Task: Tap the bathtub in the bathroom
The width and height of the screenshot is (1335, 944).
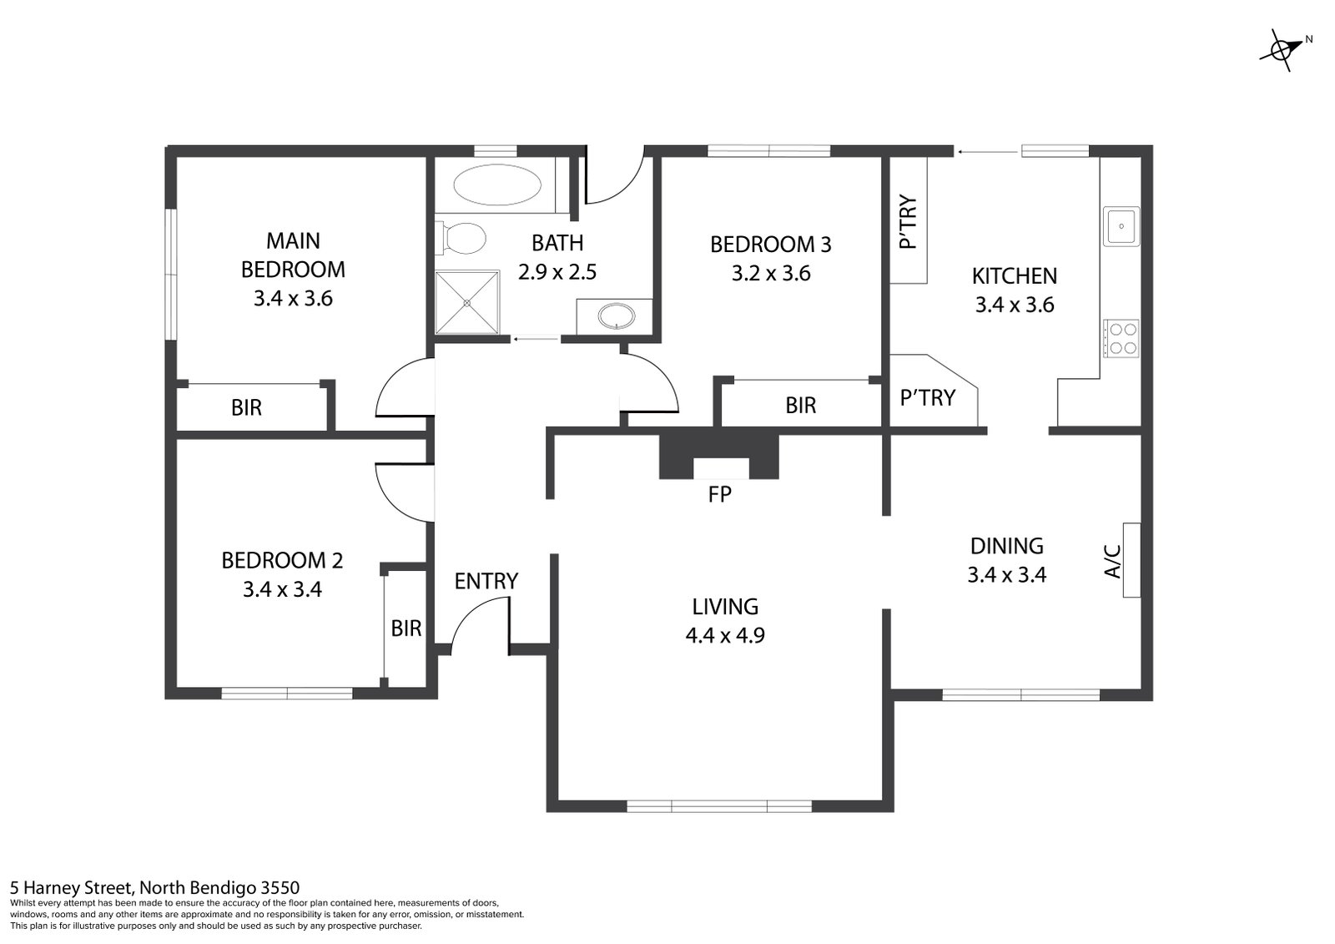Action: click(x=497, y=184)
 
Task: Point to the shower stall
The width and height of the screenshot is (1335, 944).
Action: click(x=467, y=303)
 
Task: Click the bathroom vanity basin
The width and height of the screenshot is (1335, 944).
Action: click(x=617, y=316)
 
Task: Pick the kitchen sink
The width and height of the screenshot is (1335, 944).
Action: click(x=1121, y=226)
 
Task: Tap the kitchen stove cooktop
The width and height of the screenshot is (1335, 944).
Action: click(x=1121, y=338)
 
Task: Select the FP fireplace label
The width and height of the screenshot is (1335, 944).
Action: click(x=719, y=494)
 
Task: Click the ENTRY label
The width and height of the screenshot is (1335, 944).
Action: click(x=486, y=581)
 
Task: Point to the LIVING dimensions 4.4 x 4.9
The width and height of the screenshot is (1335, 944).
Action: click(x=725, y=635)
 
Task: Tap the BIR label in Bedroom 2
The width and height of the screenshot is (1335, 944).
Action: click(x=406, y=628)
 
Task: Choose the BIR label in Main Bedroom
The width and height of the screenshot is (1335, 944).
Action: click(x=246, y=407)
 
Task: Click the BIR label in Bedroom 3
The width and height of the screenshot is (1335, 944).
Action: click(x=800, y=405)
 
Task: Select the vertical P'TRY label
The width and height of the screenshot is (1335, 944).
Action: click(x=908, y=222)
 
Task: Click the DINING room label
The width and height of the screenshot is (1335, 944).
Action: click(x=1006, y=546)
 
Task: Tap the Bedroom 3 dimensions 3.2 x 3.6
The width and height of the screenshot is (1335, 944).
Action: click(x=771, y=273)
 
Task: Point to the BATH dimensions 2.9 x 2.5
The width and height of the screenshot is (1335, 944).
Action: click(x=557, y=272)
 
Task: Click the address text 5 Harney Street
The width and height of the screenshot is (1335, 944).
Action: click(x=71, y=888)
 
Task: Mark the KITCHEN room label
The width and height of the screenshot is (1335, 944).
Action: click(x=1015, y=276)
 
